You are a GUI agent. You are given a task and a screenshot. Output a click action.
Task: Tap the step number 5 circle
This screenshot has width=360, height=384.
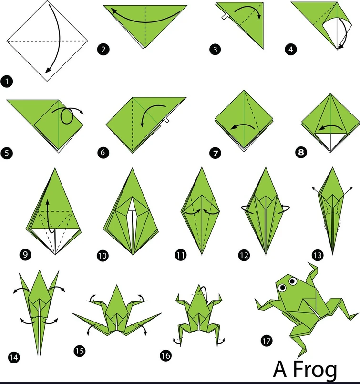(x=8, y=153)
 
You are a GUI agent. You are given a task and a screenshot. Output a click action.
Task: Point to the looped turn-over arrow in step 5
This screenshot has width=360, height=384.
(x=68, y=116)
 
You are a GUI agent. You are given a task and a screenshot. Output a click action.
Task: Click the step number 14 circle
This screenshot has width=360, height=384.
(x=14, y=356)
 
